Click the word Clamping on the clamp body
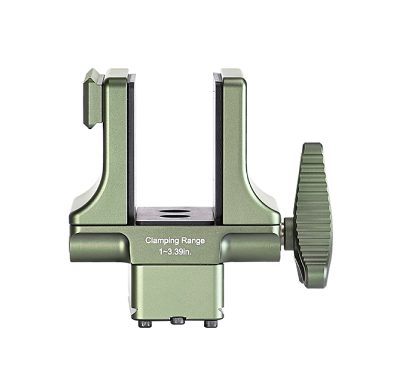click(x=162, y=241)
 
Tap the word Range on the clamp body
click(x=193, y=240)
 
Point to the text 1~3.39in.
click(x=175, y=252)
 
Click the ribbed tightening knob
click(x=312, y=215)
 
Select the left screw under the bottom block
click(x=145, y=324)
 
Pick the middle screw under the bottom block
click(x=177, y=320)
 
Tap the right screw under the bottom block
click(x=211, y=324)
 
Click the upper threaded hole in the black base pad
click(x=174, y=211)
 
